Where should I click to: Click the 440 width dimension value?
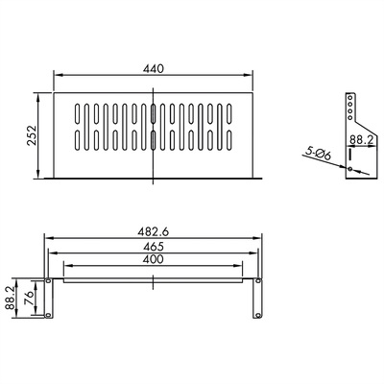click(154, 67)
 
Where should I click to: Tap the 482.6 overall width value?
click(154, 230)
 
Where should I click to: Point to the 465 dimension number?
click(154, 247)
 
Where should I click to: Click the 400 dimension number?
click(154, 261)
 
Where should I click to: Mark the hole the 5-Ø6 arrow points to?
click(351, 170)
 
